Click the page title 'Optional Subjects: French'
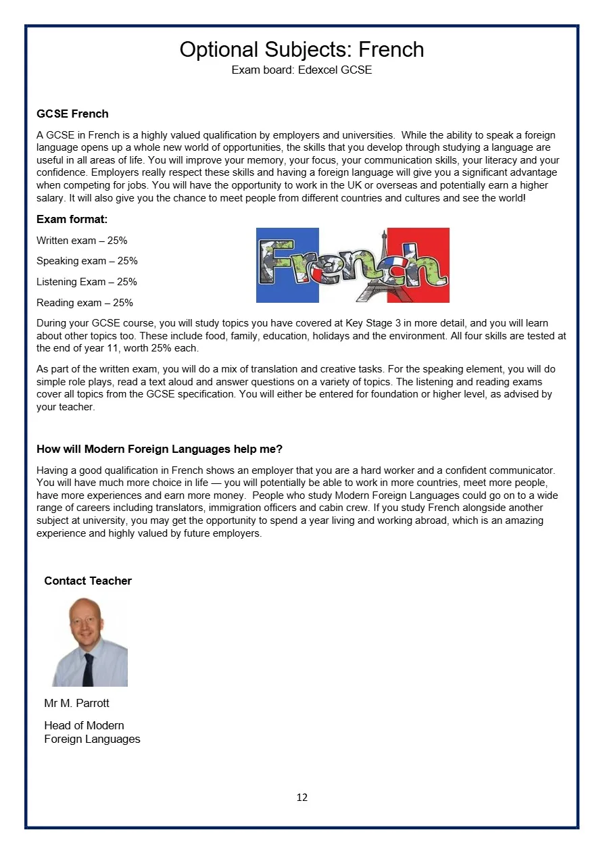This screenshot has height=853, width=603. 301,49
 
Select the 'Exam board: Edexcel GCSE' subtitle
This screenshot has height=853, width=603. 301,70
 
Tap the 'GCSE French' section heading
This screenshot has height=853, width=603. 72,114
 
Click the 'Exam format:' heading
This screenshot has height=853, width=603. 72,220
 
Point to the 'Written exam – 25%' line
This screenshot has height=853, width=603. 82,241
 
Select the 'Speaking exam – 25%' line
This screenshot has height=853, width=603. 87,261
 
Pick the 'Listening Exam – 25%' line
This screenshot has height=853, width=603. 87,282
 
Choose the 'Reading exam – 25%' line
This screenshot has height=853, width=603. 85,303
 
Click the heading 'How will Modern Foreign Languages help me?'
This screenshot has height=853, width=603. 160,449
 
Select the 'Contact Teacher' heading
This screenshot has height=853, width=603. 88,581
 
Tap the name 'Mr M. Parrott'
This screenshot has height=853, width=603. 76,703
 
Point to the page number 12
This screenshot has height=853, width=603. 301,798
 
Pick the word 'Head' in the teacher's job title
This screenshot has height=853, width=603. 57,725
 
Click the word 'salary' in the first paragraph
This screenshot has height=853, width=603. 51,198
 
